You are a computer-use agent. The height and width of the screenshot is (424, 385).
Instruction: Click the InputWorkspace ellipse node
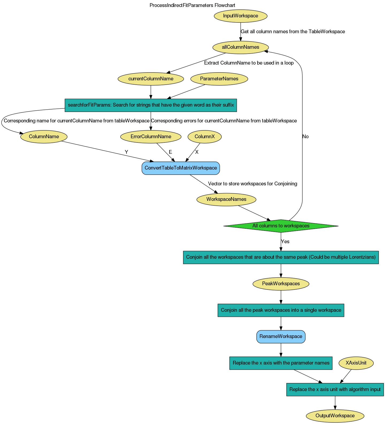pyautogui.click(x=240, y=16)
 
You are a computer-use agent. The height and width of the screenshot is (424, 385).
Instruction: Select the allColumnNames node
pyautogui.click(x=240, y=47)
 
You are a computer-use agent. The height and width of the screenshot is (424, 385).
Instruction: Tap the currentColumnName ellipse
pyautogui.click(x=151, y=79)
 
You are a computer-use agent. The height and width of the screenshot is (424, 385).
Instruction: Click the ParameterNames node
pyautogui.click(x=219, y=79)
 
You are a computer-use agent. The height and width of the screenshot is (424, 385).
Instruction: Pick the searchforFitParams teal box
pyautogui.click(x=151, y=105)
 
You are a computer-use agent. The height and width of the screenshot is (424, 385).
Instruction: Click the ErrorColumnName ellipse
pyautogui.click(x=151, y=137)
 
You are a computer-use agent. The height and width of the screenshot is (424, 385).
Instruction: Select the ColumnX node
pyautogui.click(x=205, y=137)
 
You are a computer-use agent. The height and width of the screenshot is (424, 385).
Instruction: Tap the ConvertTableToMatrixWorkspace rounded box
pyautogui.click(x=181, y=168)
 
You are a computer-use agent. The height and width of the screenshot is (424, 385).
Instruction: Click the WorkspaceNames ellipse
pyautogui.click(x=226, y=199)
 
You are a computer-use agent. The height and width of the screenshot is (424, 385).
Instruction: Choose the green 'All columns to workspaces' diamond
pyautogui.click(x=281, y=226)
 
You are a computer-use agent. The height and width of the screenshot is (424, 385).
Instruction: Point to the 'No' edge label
pyautogui.click(x=305, y=137)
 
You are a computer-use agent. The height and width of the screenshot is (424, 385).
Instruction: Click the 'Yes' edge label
pyautogui.click(x=285, y=242)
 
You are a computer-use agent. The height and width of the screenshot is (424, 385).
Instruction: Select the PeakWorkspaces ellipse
pyautogui.click(x=281, y=284)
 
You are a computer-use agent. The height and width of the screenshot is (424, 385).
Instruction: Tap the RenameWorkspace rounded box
pyautogui.click(x=281, y=336)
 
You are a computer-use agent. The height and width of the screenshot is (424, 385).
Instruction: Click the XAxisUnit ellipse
pyautogui.click(x=356, y=363)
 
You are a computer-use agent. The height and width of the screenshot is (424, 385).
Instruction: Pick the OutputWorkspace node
pyautogui.click(x=335, y=416)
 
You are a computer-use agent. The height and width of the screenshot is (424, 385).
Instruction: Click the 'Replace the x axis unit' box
pyautogui.click(x=335, y=389)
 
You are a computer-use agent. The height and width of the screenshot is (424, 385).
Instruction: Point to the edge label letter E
pyautogui.click(x=170, y=152)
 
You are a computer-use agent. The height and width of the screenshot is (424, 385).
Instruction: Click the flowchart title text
pyautogui.click(x=192, y=5)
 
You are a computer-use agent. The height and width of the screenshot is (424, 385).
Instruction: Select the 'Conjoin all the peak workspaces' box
pyautogui.click(x=281, y=310)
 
